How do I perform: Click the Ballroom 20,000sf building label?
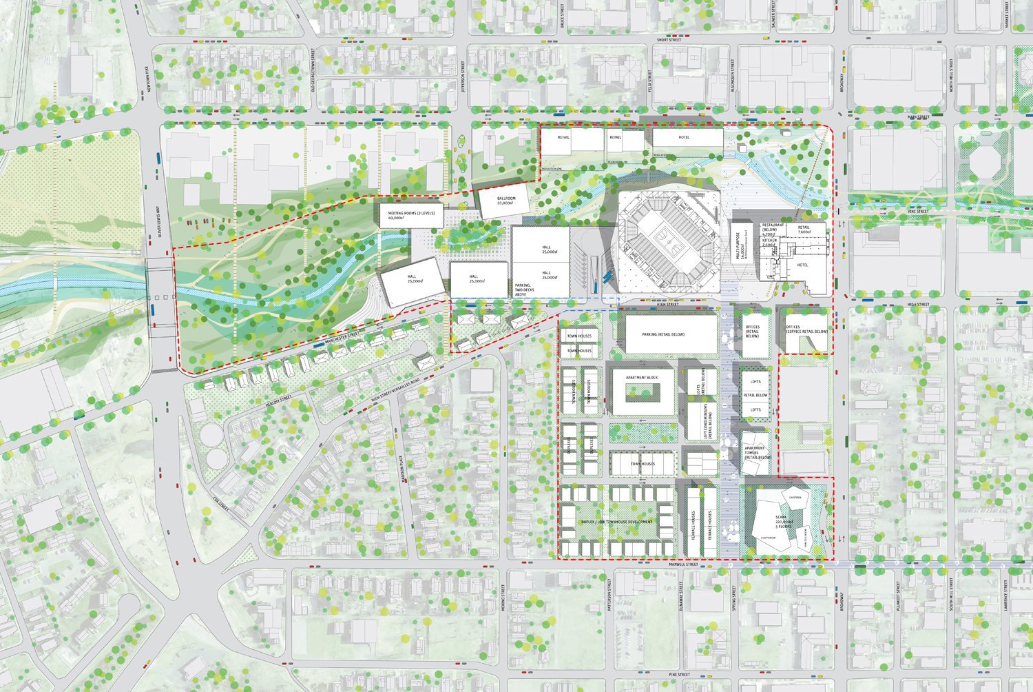[505, 201]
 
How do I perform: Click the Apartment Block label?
[641, 378]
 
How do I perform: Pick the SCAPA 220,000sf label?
[780, 520]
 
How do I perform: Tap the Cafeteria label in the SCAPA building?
[795, 497]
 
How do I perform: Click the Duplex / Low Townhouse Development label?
[616, 522]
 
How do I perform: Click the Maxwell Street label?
[682, 564]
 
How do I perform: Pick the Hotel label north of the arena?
[684, 137]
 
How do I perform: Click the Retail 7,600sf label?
[804, 230]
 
